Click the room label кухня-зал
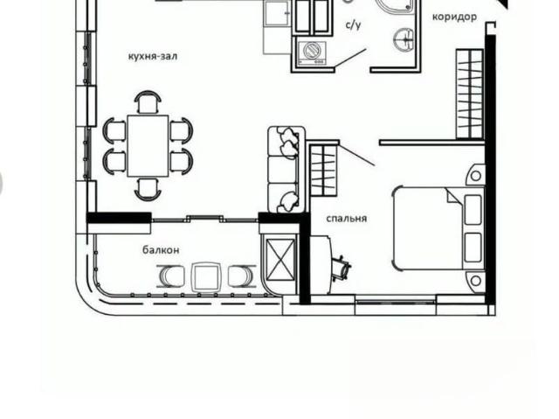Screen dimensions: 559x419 click(153, 56)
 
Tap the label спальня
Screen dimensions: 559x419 click(347, 218)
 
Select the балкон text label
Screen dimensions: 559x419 click(161, 250)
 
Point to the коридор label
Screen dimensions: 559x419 click(454, 17)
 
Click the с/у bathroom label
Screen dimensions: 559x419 click(354, 25)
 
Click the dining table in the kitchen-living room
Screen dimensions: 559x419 click(148, 145)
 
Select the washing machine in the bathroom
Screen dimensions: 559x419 click(313, 52)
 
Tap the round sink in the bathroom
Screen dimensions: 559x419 click(404, 38)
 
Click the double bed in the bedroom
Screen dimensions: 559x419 click(438, 228)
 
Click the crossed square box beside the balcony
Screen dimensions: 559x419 click(281, 259)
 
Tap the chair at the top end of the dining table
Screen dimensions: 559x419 click(148, 102)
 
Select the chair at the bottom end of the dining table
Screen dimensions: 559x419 click(148, 189)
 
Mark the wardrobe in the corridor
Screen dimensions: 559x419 click(470, 94)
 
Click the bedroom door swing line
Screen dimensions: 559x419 click(356, 154)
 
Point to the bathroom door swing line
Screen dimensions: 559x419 click(351, 58)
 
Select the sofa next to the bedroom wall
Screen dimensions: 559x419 click(286, 169)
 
